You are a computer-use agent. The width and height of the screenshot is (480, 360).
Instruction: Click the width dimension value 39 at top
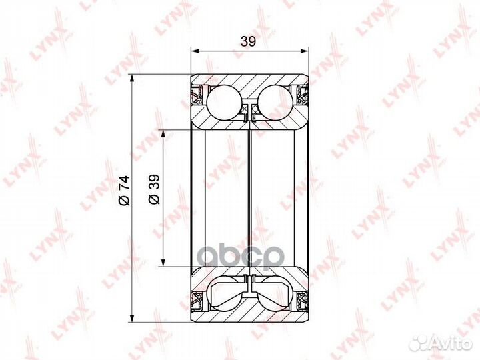point(249,41)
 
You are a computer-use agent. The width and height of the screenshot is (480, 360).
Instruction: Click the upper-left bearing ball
point(224,101)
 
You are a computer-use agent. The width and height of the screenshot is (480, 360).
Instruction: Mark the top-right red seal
point(301,94)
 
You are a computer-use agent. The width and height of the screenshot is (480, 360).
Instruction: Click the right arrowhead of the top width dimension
point(304,50)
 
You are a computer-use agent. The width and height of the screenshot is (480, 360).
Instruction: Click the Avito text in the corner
point(450,344)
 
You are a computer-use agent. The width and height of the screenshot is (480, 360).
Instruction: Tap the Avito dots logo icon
point(419,343)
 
